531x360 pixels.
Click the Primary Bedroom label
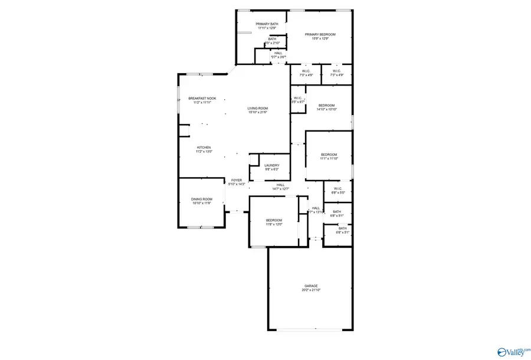(320, 34)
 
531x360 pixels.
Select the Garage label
(311, 286)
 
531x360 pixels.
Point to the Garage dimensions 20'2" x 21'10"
(311, 290)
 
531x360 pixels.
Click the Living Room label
(258, 108)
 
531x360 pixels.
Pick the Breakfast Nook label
(202, 98)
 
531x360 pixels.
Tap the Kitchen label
(204, 148)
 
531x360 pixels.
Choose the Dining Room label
(201, 199)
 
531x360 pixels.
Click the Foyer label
(236, 180)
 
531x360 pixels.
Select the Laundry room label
(271, 165)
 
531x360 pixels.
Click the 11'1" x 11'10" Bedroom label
(329, 154)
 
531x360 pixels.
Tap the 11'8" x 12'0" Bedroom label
(274, 220)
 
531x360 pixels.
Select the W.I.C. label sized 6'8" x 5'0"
(337, 188)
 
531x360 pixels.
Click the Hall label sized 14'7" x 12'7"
(280, 185)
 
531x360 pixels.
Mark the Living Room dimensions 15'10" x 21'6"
(258, 112)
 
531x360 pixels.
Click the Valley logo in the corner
(510, 351)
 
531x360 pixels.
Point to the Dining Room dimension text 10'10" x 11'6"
(201, 203)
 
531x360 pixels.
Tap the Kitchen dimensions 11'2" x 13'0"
(204, 152)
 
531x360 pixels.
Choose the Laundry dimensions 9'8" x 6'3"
(271, 169)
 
